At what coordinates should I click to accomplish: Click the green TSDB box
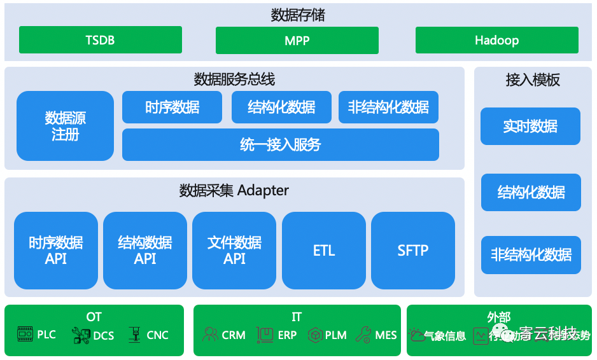100,40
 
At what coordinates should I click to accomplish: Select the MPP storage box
297,40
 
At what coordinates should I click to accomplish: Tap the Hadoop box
496,40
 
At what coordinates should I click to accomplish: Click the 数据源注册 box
65,126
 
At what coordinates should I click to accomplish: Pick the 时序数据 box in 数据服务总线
172,107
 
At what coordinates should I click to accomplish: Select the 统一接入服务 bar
280,145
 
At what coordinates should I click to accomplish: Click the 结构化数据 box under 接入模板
530,192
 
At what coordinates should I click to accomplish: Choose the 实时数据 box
530,126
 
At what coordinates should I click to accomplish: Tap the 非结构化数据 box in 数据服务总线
388,107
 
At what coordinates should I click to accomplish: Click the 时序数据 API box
56,251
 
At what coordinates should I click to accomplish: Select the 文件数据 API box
234,251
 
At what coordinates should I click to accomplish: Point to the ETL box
323,251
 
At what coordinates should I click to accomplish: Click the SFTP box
412,251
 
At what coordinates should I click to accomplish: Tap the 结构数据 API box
145,251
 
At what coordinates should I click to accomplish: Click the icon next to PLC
25,334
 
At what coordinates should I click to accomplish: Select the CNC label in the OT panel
157,335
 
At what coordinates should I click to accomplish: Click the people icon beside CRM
209,335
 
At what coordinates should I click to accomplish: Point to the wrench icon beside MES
363,335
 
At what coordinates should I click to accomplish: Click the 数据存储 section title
297,15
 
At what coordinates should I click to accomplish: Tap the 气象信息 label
445,336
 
